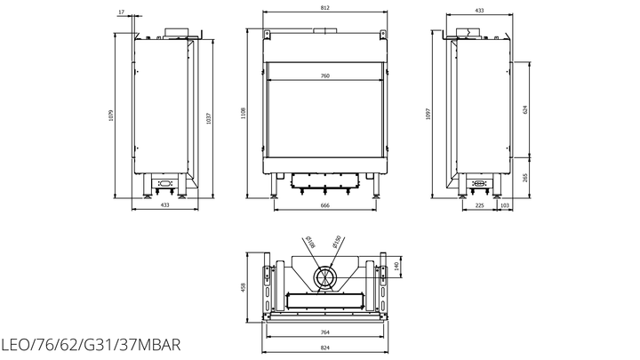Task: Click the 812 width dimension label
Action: [325, 8]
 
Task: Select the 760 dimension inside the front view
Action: [325, 76]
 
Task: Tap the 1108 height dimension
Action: [244, 113]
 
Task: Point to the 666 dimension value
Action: [325, 205]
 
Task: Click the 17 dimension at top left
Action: [121, 12]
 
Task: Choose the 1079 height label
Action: [110, 116]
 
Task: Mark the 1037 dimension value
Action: [209, 118]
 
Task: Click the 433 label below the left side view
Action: [164, 205]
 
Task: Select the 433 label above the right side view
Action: [480, 10]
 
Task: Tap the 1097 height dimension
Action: [428, 114]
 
